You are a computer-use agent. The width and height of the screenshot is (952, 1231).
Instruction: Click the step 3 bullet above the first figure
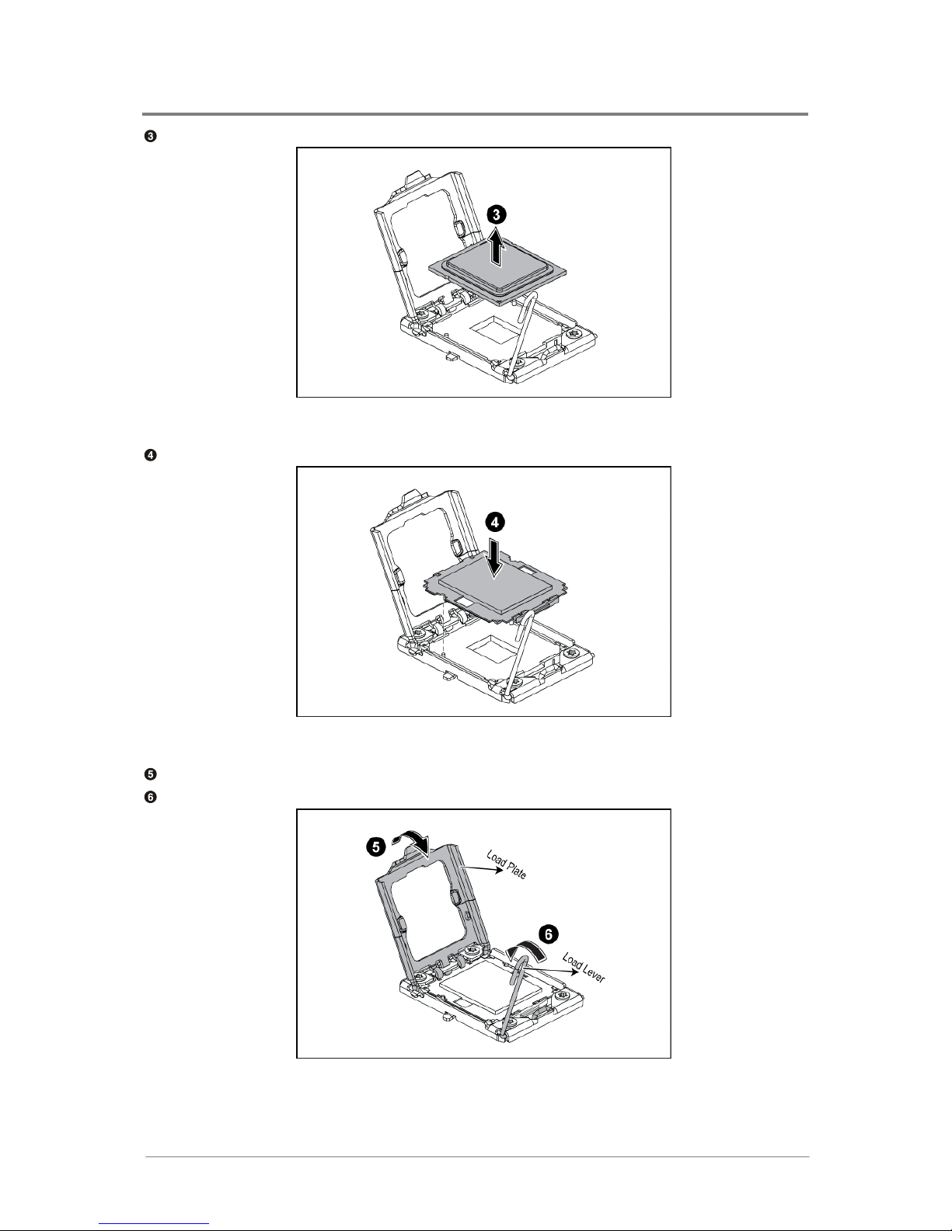point(150,136)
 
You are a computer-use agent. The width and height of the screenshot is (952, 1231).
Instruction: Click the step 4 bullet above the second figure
point(150,455)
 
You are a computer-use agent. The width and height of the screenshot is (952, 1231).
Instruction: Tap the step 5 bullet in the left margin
point(150,774)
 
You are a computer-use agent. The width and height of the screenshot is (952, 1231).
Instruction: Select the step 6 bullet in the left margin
point(150,797)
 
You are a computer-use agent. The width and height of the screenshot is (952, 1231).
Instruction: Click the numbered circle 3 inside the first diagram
point(497,214)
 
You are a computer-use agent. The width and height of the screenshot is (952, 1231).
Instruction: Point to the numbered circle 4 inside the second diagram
point(495,523)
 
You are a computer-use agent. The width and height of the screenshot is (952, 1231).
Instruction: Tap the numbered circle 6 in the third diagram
point(548,934)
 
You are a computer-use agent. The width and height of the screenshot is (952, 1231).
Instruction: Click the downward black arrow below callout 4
point(495,558)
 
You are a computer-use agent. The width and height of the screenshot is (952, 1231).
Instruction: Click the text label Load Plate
point(507,864)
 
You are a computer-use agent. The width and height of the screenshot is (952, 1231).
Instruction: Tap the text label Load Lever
point(584,968)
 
